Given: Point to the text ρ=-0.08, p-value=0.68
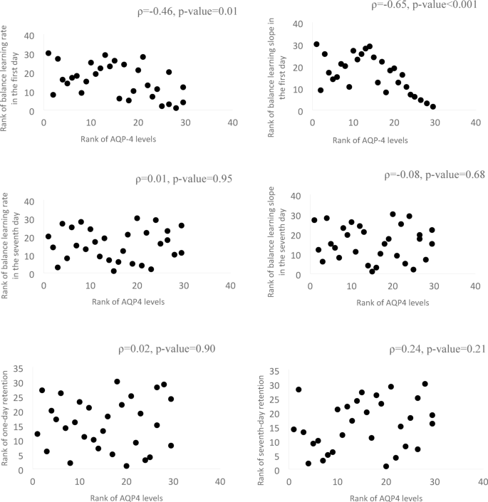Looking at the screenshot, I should (435, 175).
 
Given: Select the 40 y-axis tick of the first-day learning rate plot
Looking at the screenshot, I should (28, 36).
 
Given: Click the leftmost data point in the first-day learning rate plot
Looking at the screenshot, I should (48, 53).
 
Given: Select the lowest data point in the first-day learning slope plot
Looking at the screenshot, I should (432, 107).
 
